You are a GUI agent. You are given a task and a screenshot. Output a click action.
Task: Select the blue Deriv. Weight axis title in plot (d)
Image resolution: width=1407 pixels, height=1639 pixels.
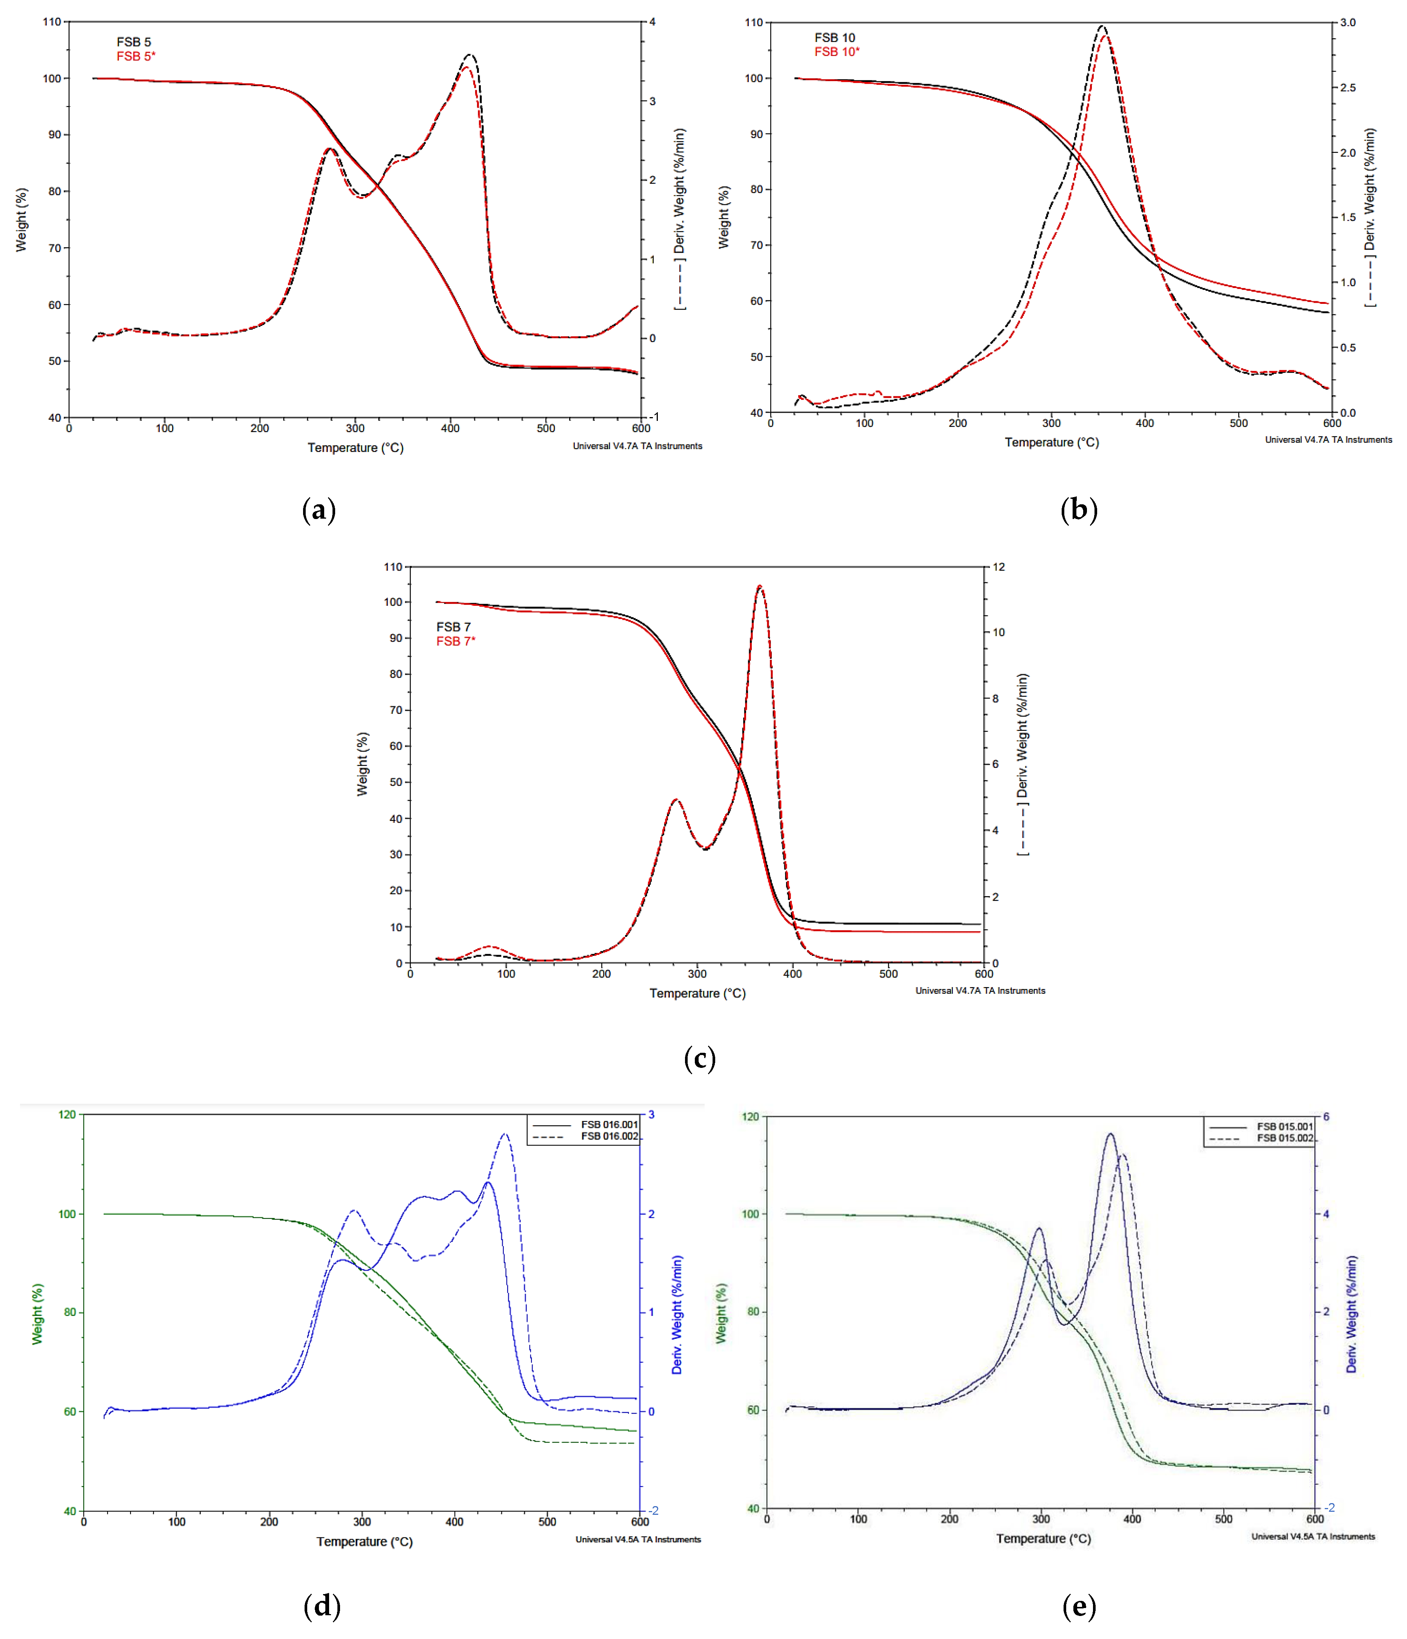pyautogui.click(x=677, y=1315)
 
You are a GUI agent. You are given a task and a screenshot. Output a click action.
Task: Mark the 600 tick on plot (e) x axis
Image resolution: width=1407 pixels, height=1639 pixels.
pyautogui.click(x=1315, y=1519)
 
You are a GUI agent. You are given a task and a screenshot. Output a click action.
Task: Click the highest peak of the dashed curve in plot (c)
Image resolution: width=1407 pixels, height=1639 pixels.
pyautogui.click(x=760, y=586)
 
